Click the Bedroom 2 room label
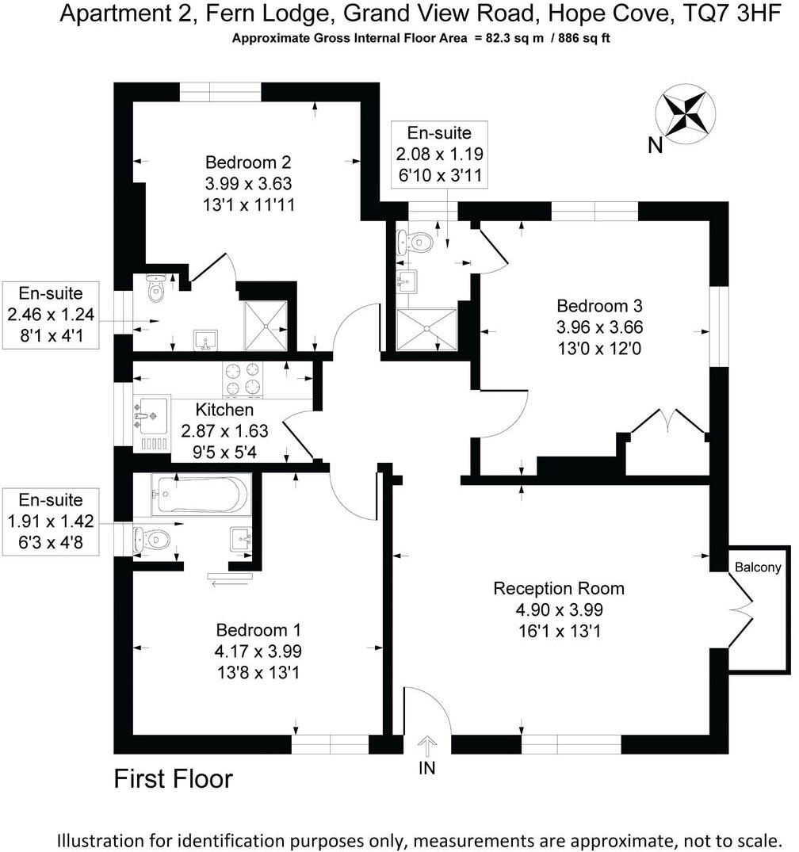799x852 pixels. [x=248, y=163]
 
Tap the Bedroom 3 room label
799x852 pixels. [x=598, y=306]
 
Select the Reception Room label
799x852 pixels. [x=559, y=588]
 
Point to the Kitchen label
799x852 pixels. [x=225, y=410]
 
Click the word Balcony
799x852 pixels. [x=758, y=567]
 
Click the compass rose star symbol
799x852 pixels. [x=686, y=113]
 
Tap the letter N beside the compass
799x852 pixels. [x=655, y=145]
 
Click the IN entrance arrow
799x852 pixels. [x=427, y=745]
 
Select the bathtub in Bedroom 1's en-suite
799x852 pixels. [x=201, y=495]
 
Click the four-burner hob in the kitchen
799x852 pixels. [x=243, y=378]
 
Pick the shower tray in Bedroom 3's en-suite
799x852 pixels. [x=426, y=328]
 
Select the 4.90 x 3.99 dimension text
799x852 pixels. [x=559, y=610]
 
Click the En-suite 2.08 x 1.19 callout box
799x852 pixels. [x=438, y=155]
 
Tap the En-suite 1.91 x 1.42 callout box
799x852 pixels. [x=51, y=522]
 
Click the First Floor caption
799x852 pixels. [x=174, y=778]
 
